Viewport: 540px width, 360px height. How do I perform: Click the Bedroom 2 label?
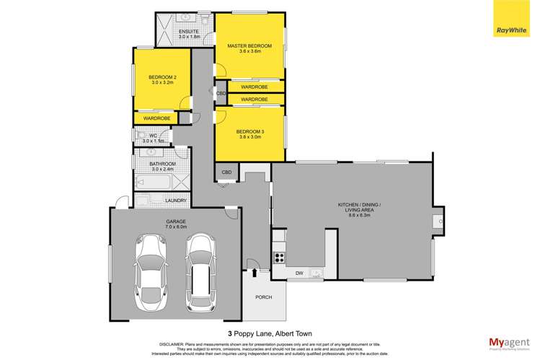(x=163, y=80)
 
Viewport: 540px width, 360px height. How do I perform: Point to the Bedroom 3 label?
(x=251, y=133)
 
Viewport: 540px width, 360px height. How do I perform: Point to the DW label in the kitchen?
(x=299, y=272)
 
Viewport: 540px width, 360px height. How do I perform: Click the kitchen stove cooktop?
(x=280, y=257)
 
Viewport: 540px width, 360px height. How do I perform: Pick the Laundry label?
(x=176, y=201)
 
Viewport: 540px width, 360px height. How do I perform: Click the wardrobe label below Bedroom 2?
(x=156, y=118)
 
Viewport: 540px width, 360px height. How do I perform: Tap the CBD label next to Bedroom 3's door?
(x=221, y=94)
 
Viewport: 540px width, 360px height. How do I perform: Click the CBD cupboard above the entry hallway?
(x=226, y=172)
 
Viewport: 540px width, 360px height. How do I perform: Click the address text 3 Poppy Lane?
(x=270, y=315)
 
